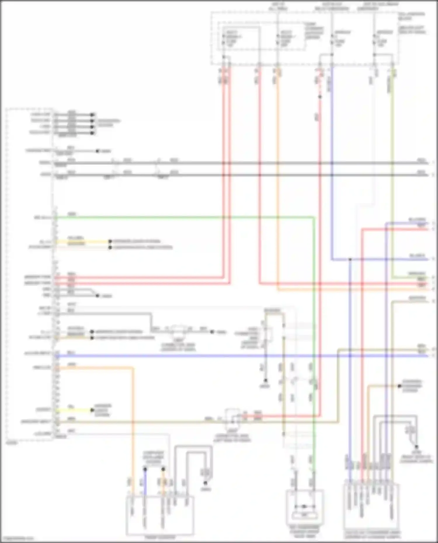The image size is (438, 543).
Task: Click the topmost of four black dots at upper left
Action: (92, 115)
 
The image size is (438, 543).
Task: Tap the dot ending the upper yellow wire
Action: (110, 241)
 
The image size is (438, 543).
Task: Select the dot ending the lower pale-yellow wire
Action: (92, 338)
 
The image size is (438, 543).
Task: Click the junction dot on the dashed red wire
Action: (320, 97)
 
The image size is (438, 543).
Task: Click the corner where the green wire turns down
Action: (314, 217)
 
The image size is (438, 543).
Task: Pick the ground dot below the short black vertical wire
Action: (266, 380)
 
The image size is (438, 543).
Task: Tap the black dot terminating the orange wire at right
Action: (399, 386)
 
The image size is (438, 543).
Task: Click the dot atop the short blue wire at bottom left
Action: (145, 469)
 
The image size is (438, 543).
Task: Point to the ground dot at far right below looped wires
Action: (416, 447)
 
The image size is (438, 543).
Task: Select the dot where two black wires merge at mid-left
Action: (98, 296)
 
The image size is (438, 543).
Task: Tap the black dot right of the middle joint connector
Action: (212, 332)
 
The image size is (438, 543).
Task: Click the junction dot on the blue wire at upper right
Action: (350, 259)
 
